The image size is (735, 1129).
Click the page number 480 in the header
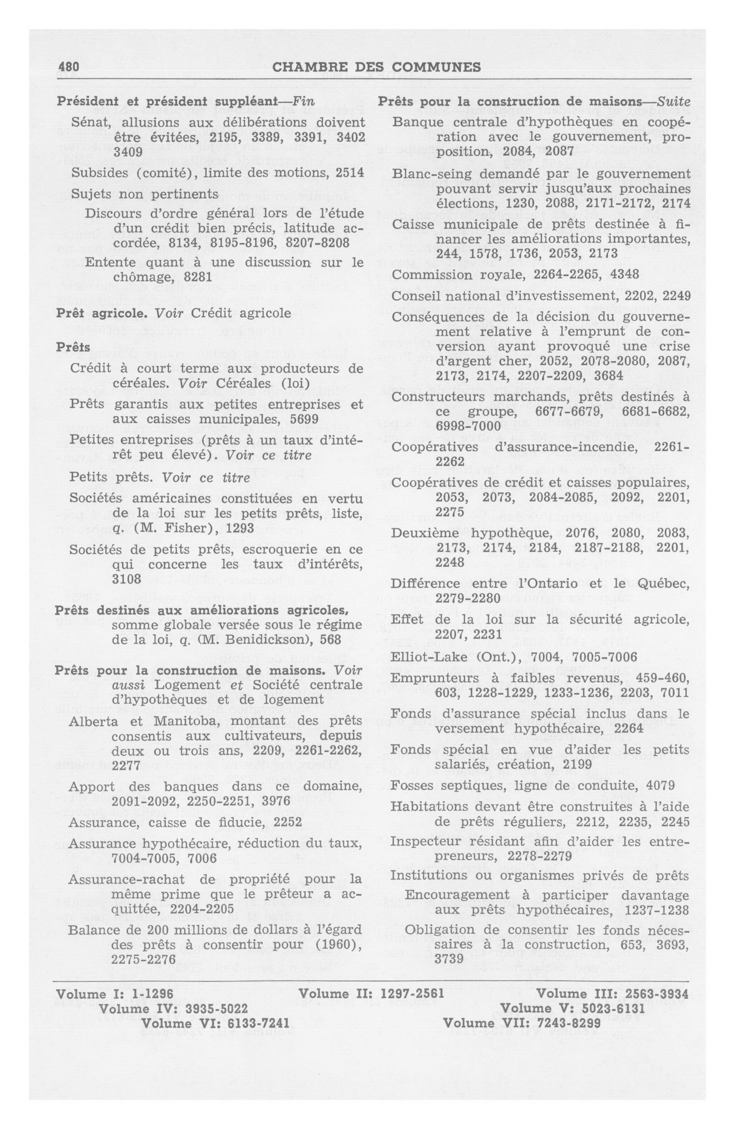click(x=68, y=68)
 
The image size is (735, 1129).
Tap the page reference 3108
click(x=127, y=579)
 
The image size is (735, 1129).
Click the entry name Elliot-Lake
click(x=430, y=657)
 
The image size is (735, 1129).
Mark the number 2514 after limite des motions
click(x=350, y=173)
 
